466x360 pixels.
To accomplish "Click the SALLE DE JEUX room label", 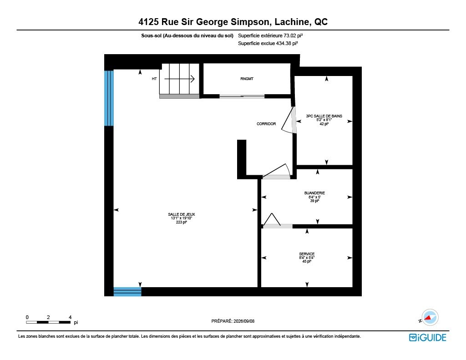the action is [x=181, y=214].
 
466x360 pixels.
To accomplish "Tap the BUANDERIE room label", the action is [x=314, y=193].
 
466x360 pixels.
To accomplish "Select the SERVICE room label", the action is [x=307, y=254].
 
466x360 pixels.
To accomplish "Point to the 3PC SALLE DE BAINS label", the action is [x=324, y=116].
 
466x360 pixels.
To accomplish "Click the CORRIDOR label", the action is [x=266, y=124].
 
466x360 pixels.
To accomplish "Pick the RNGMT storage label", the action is [x=247, y=79].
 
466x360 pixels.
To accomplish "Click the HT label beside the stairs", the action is [x=154, y=79].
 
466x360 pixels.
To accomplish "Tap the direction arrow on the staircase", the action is [x=179, y=79].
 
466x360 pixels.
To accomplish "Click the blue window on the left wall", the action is [x=109, y=98].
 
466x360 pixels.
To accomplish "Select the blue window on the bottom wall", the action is [x=127, y=292].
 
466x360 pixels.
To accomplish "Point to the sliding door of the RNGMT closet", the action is [x=242, y=96].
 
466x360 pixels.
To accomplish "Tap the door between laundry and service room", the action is [x=278, y=226].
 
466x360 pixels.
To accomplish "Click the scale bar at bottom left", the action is [x=48, y=322].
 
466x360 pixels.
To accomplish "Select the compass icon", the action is [x=430, y=318].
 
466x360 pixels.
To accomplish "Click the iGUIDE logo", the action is [x=427, y=337].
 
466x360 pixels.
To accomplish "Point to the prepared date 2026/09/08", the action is [x=244, y=321].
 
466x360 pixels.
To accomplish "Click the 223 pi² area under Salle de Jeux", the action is [x=181, y=222].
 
